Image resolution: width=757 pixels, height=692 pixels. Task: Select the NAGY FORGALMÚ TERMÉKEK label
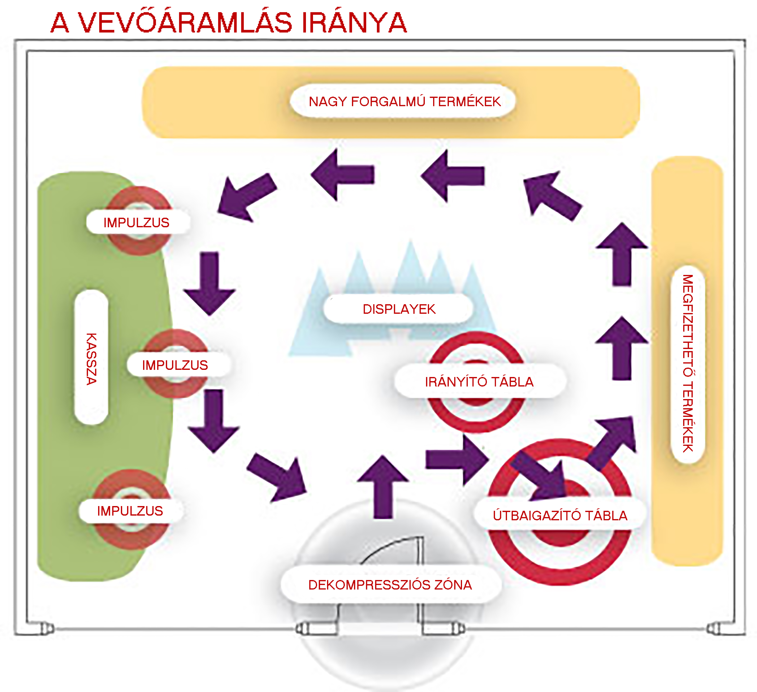tap(405, 101)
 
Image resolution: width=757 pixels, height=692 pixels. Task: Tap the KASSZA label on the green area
tap(91, 358)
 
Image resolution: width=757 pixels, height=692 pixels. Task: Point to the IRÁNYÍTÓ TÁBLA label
tap(479, 382)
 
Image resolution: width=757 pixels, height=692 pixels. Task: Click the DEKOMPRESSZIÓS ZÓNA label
tap(390, 585)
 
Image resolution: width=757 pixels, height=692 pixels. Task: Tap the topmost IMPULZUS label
tap(136, 222)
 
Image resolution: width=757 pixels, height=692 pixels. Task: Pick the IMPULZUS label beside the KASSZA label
tap(175, 365)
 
